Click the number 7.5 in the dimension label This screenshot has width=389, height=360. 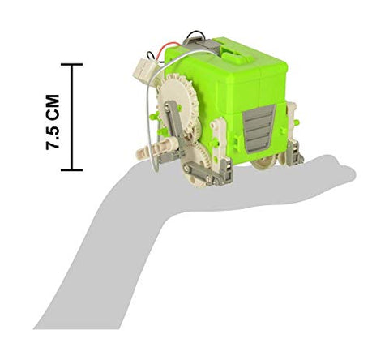[x=53, y=135]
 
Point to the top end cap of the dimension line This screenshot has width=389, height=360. [x=72, y=64]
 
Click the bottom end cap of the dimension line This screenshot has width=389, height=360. [x=72, y=169]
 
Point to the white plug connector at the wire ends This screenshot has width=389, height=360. [x=144, y=70]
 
